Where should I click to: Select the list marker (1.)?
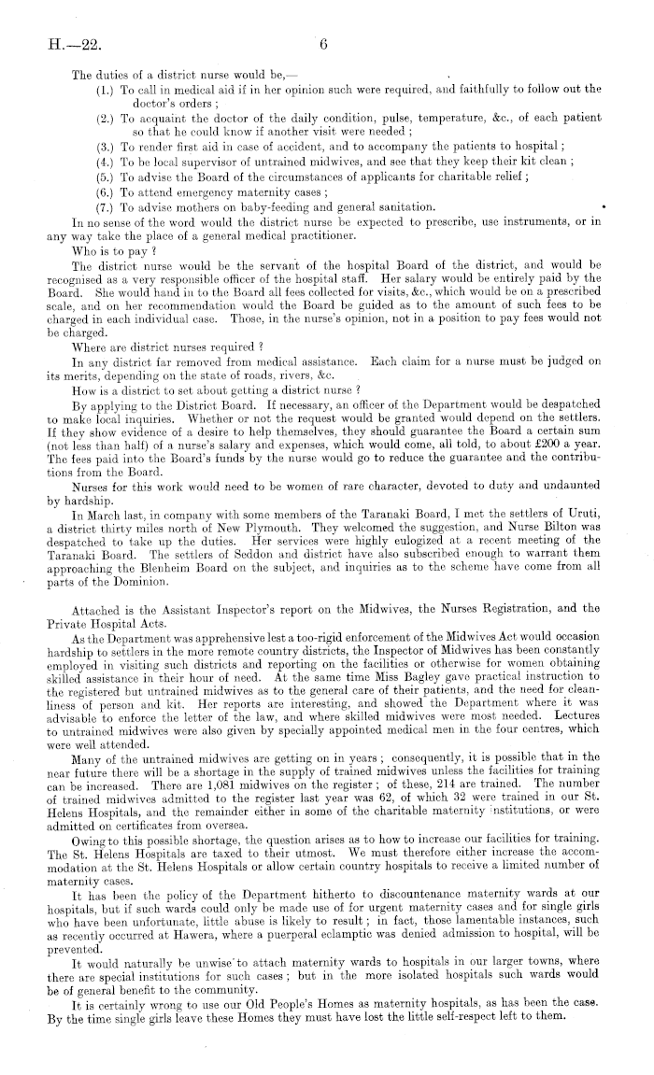pyautogui.click(x=106, y=90)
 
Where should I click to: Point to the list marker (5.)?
pyautogui.click(x=106, y=176)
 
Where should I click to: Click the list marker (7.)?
pyautogui.click(x=106, y=205)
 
